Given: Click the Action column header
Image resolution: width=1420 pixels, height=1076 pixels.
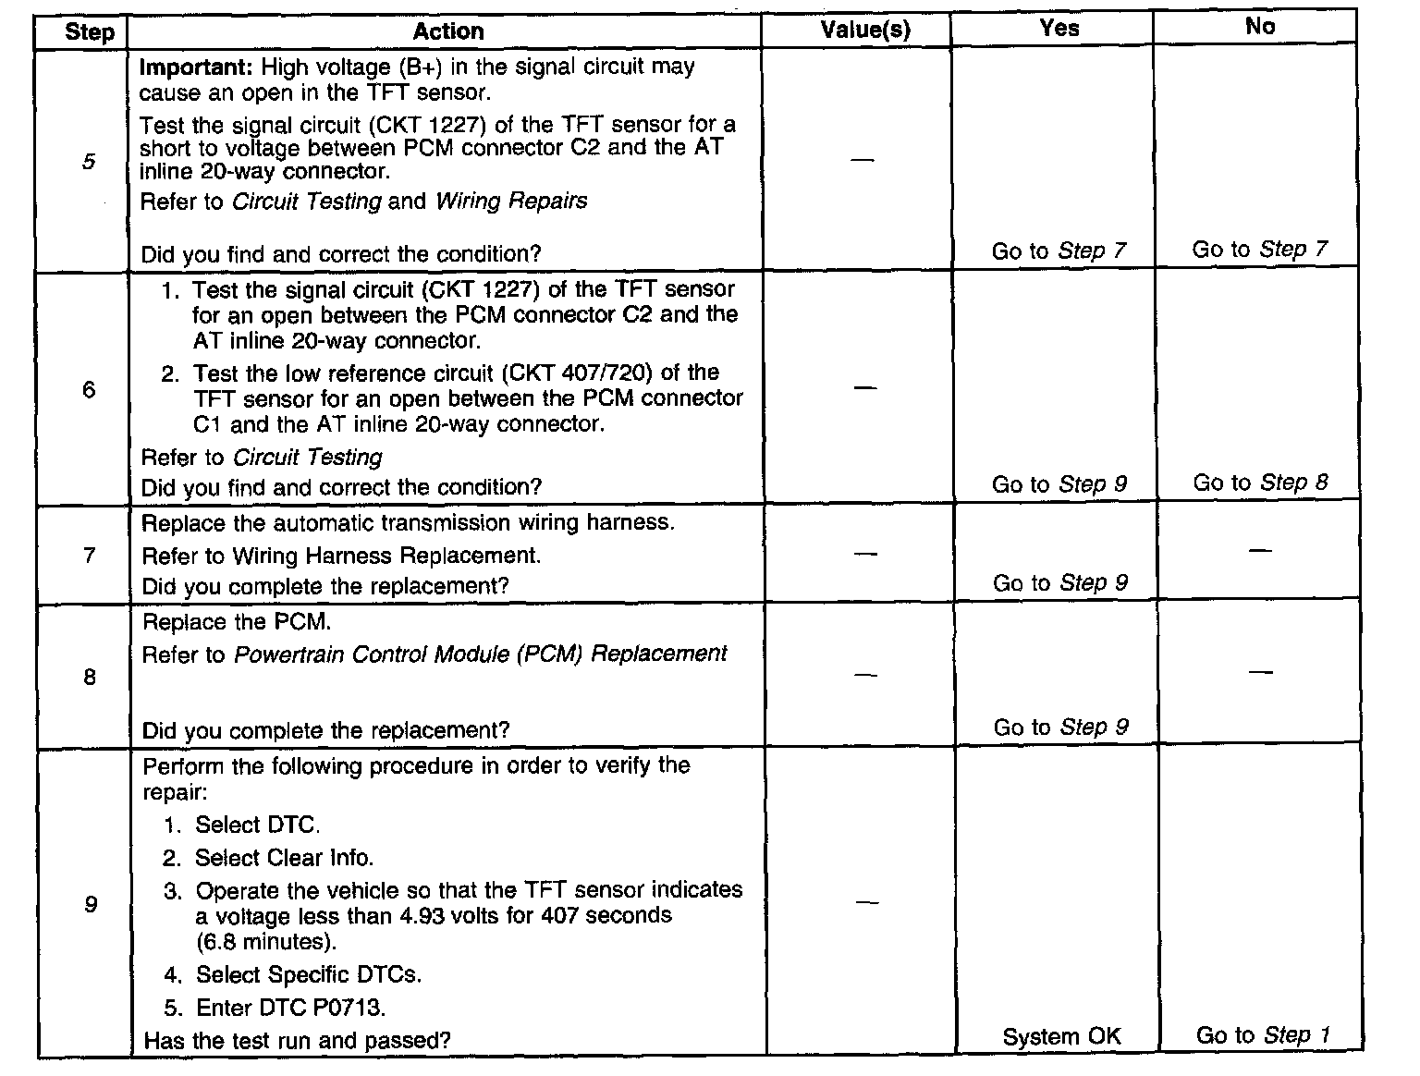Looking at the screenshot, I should coord(447,31).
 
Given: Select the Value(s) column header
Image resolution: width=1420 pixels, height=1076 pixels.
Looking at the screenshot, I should coord(865,31).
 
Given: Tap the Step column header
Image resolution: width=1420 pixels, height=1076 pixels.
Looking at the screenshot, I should coord(89,33).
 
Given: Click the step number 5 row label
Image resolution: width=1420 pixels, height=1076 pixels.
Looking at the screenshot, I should coord(88,162).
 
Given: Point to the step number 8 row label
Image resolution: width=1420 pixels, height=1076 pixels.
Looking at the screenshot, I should coord(90,677).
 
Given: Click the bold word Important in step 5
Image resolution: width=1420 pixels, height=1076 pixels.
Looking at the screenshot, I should coord(196,67).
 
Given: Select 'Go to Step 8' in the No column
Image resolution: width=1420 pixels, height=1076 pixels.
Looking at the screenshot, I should coord(1260,483).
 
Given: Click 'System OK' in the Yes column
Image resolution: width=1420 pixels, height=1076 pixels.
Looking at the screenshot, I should coord(1060,1036).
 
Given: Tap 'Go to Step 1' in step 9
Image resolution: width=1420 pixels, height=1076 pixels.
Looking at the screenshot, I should coord(1262,1035).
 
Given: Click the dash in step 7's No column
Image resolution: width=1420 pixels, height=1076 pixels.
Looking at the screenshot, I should coord(1260,551).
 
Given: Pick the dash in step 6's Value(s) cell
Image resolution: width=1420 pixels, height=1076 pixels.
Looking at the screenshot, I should coord(864,388).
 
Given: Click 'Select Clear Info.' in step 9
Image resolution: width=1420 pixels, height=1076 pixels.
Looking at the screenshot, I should coord(284,858).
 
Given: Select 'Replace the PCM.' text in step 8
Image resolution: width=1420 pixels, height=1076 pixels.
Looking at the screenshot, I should coord(237,622).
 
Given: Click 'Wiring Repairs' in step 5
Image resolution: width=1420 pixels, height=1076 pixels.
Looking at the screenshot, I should coord(511,202).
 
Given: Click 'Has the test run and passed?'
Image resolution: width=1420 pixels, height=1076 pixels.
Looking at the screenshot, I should coord(298,1040).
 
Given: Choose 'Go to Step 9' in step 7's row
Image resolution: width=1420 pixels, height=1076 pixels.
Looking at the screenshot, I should coord(1059,583).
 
